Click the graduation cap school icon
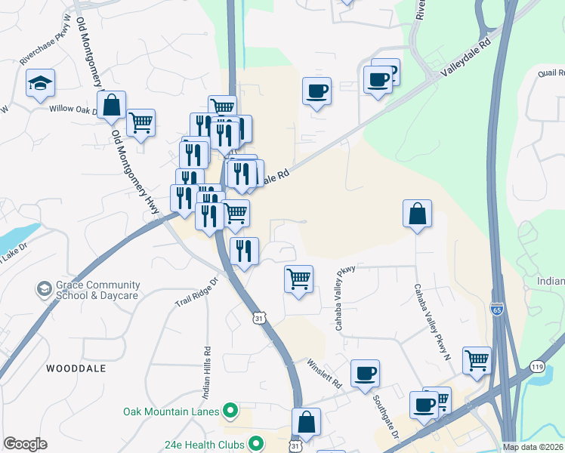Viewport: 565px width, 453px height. (x=41, y=84)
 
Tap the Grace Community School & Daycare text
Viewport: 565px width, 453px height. (x=98, y=290)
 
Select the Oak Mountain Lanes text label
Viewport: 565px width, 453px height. (x=171, y=411)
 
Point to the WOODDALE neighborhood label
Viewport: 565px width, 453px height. (x=73, y=368)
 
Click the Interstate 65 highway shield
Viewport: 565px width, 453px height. (x=496, y=310)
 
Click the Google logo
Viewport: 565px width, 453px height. (x=25, y=444)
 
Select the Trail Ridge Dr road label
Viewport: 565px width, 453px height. (x=196, y=291)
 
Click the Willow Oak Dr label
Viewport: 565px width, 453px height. (x=74, y=109)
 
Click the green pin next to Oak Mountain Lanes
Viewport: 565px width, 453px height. (x=231, y=411)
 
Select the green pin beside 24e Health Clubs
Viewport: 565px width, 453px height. (x=257, y=443)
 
